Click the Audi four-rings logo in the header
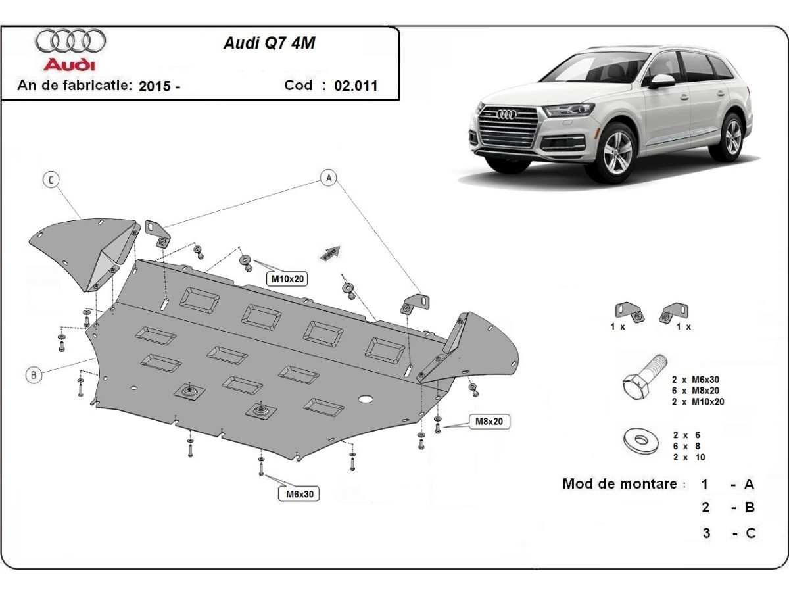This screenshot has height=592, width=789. (x=70, y=41)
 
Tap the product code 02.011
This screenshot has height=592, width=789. (x=356, y=86)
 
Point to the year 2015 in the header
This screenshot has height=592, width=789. (x=155, y=86)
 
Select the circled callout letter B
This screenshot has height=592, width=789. (x=34, y=376)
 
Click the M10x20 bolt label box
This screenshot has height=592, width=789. (x=287, y=279)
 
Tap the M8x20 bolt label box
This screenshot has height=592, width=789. (x=489, y=422)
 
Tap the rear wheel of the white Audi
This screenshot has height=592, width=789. (x=732, y=136)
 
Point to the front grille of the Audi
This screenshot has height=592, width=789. (x=508, y=126)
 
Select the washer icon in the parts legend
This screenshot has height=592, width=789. (x=638, y=439)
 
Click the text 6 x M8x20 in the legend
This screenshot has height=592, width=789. (x=698, y=390)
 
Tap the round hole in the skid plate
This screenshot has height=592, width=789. (x=366, y=399)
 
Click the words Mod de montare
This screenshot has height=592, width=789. (x=619, y=484)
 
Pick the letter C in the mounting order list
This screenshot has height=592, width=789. (x=750, y=533)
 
